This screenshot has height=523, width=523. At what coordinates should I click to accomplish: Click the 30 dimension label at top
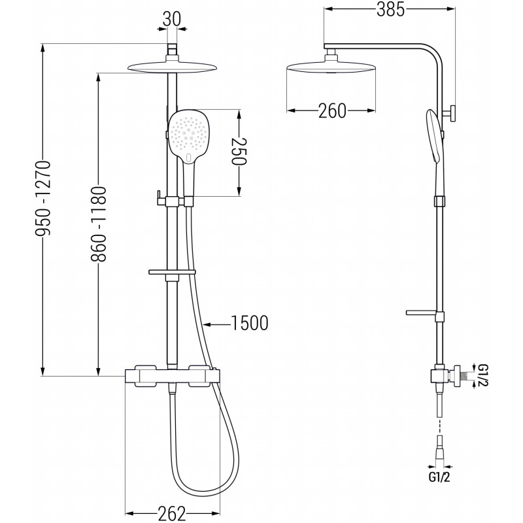point(172,19)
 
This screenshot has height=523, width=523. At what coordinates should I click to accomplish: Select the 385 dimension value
point(390,9)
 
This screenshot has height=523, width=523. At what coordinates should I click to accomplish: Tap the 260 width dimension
point(332,110)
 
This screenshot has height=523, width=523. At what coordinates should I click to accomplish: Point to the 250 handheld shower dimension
point(239,151)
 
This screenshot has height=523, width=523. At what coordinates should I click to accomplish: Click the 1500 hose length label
point(250,323)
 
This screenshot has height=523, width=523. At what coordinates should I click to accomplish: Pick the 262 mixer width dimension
point(172,513)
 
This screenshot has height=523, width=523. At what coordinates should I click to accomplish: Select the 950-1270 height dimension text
point(43,199)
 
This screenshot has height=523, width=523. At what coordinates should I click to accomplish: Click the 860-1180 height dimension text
point(99,224)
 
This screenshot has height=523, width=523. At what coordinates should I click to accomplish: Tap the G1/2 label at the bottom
point(439,477)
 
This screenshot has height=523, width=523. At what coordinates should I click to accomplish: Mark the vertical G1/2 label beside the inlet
point(482,375)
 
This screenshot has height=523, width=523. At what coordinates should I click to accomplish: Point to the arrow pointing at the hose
point(217,324)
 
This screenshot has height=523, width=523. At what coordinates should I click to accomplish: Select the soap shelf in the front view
point(172,272)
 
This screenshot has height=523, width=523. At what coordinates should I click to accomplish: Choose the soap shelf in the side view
point(421,312)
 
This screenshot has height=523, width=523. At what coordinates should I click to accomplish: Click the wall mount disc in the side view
point(452,113)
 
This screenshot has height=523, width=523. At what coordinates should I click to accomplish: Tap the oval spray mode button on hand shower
point(189,158)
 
